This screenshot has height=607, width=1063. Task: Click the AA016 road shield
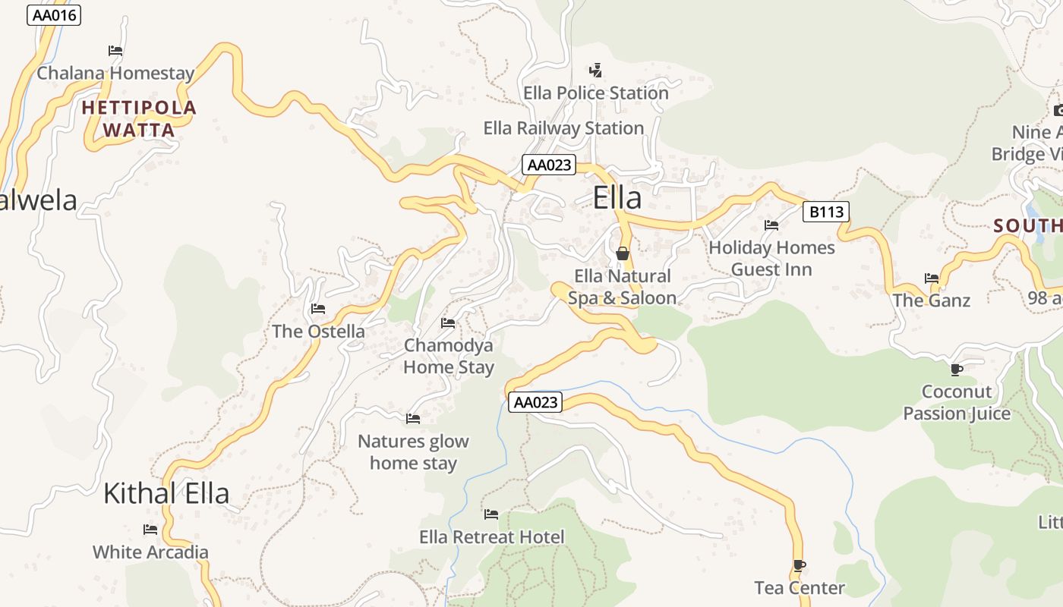(53, 15)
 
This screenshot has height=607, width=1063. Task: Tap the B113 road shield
(825, 212)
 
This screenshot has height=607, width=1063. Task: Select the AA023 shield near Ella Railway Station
(548, 165)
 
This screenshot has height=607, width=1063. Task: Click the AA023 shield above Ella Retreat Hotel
(535, 402)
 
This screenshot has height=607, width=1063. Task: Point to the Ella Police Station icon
(595, 71)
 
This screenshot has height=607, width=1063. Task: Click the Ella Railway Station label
(563, 128)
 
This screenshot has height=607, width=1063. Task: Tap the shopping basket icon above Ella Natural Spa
(622, 253)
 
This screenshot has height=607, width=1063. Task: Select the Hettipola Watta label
(139, 119)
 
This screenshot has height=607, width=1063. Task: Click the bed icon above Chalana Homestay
(115, 51)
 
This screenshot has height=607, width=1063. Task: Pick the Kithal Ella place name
(166, 493)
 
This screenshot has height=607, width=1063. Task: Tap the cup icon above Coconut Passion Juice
(956, 370)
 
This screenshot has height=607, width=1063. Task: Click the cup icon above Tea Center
(799, 565)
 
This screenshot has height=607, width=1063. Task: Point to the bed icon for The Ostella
(318, 309)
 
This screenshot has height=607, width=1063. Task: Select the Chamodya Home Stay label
(448, 357)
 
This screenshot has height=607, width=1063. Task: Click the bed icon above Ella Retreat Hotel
(491, 514)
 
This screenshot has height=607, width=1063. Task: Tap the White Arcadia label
(150, 552)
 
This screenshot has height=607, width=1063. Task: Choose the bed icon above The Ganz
(932, 278)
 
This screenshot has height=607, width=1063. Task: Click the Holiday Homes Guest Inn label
(771, 259)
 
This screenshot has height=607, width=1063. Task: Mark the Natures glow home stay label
(413, 452)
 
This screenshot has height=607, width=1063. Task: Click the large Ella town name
(617, 198)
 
